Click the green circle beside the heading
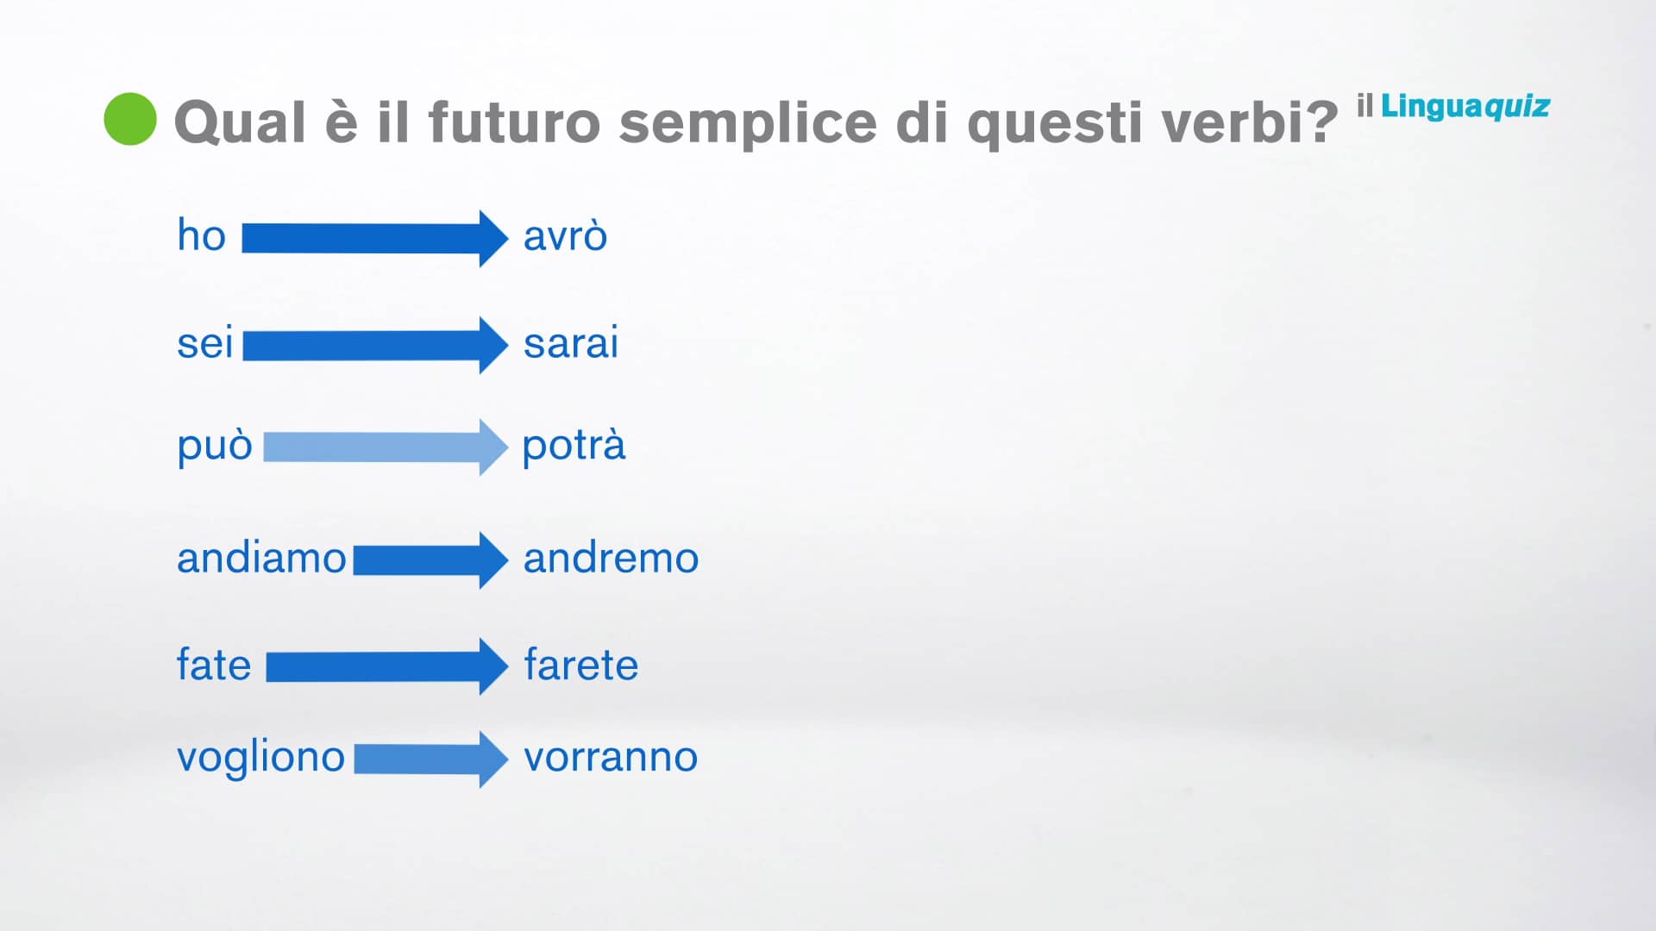tap(130, 119)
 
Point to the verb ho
tap(201, 235)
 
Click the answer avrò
tap(565, 236)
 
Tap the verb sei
tap(204, 343)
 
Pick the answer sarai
tap(571, 343)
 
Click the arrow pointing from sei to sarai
tap(375, 345)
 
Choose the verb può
tap(214, 446)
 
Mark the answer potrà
tap(574, 446)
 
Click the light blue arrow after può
tap(385, 447)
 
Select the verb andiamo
tap(261, 558)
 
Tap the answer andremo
tap(611, 558)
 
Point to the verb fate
tap(213, 665)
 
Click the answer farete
tap(580, 665)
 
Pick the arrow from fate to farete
tap(386, 666)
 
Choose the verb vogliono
tap(260, 758)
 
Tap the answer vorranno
tap(611, 757)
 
